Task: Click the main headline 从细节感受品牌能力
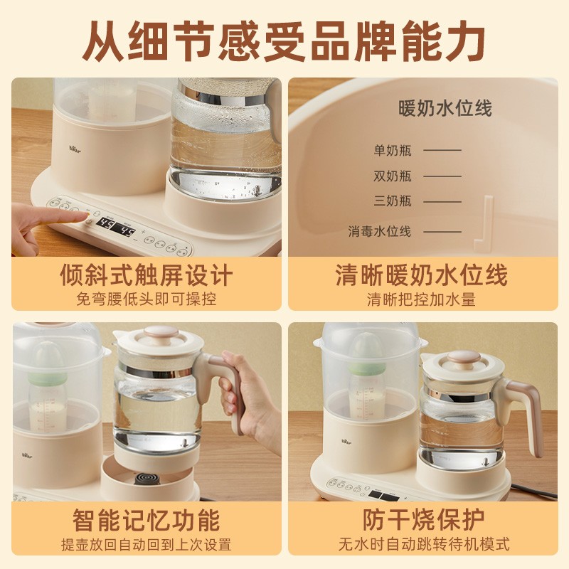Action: point(284,41)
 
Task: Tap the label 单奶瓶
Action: point(393,150)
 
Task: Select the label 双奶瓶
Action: point(393,176)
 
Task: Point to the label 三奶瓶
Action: point(393,201)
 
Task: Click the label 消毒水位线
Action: point(380,231)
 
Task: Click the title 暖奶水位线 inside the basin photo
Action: point(445,108)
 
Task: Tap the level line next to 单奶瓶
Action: point(442,150)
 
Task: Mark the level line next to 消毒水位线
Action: point(442,231)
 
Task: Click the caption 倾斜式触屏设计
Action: point(147,275)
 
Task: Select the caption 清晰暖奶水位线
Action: point(422,275)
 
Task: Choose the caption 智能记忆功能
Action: point(147,520)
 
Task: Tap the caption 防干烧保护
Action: point(423,520)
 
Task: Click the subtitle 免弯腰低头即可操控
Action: point(147,299)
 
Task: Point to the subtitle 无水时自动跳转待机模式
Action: point(423,544)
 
